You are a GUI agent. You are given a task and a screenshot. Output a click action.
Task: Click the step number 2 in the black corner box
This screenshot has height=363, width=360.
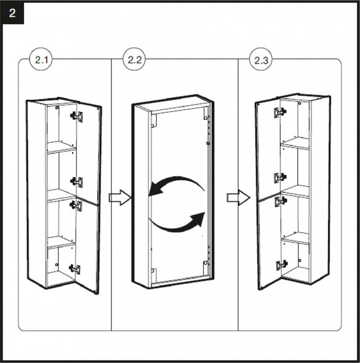[x=12, y=13]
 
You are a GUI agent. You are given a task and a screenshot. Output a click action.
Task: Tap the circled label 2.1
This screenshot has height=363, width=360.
[x=41, y=60]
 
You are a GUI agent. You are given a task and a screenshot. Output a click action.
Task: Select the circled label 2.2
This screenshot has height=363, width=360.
[x=134, y=60]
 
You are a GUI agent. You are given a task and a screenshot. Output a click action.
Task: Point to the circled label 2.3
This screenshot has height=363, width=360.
[x=261, y=60]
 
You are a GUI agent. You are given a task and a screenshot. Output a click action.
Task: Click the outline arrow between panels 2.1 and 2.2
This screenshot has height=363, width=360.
[x=120, y=197]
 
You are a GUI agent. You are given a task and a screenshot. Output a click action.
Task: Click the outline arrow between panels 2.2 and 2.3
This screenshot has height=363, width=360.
[x=238, y=197]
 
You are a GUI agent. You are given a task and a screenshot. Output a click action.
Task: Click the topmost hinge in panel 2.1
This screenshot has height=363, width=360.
[x=77, y=116]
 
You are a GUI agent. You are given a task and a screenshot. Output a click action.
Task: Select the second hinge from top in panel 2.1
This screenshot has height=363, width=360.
[x=77, y=182]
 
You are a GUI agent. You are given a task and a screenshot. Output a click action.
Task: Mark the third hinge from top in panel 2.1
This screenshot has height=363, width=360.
[x=76, y=205]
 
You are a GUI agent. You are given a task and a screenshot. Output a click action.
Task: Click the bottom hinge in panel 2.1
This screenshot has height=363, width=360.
[x=75, y=269]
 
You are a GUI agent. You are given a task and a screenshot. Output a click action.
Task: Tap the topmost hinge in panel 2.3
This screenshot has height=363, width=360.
[x=280, y=113]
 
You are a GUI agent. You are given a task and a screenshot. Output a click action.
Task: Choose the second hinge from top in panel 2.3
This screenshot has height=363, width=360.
[x=280, y=178]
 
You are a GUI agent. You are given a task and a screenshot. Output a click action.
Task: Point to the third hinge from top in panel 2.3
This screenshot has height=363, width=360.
[x=281, y=201]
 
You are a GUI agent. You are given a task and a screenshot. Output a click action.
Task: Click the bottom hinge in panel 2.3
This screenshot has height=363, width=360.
[x=282, y=265]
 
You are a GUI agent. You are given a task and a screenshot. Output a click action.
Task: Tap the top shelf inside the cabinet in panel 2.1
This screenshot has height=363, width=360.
[x=61, y=147]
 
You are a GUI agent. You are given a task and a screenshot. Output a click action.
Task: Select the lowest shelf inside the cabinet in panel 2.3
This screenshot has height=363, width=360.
[x=296, y=238]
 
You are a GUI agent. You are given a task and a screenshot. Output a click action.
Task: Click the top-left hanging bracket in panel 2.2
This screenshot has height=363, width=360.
[x=154, y=121]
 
